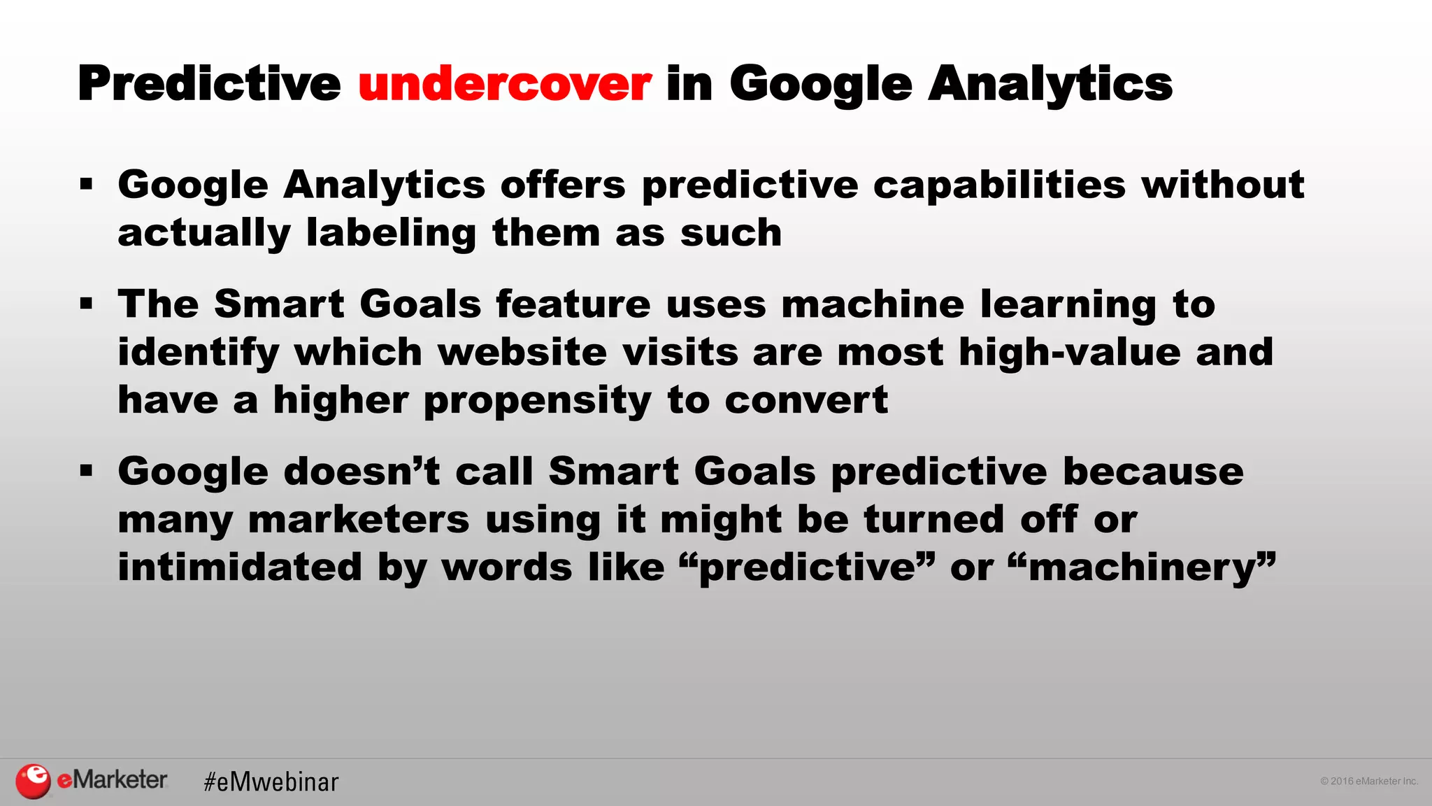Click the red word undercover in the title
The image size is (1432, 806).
[505, 84]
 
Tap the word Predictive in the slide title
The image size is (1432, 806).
[209, 84]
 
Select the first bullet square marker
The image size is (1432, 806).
[86, 185]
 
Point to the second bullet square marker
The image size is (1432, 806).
[86, 304]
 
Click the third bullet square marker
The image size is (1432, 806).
[86, 471]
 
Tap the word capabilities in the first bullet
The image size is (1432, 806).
[999, 186]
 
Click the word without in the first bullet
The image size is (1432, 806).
[1222, 185]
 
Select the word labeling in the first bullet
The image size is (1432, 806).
[392, 234]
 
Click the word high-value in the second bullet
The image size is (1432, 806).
[1069, 352]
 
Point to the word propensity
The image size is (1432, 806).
[537, 402]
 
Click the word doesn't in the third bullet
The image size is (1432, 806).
[362, 471]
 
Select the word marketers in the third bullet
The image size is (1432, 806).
[359, 520]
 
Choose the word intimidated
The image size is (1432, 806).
[240, 567]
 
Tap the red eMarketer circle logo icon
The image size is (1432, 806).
[33, 781]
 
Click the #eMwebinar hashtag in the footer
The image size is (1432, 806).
[271, 782]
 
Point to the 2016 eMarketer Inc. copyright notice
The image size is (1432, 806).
[1368, 781]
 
